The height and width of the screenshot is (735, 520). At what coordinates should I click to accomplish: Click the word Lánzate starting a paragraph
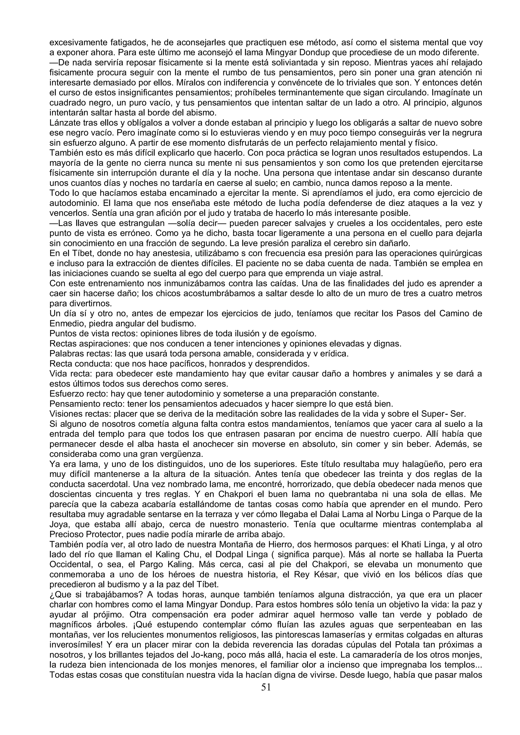[65, 123]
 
